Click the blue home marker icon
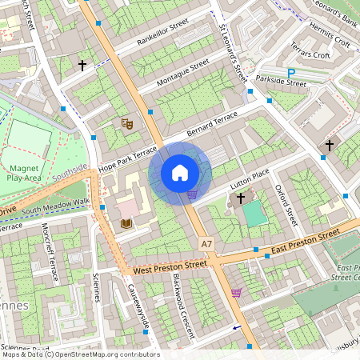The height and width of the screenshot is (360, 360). coord(180,173)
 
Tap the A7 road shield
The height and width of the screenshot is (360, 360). coord(207,242)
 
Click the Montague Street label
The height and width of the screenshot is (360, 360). coord(182,71)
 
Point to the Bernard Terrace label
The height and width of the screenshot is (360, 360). coord(212,123)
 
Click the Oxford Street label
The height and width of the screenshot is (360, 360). coord(285,204)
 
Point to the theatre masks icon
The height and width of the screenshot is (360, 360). coord(126,123)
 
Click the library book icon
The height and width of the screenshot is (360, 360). coord(126,223)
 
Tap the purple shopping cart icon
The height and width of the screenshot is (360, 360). coord(236,293)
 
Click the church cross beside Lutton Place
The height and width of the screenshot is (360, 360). coord(240,197)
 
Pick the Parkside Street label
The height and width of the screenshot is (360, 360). coord(282,82)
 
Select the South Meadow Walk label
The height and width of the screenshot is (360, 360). coord(56,206)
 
